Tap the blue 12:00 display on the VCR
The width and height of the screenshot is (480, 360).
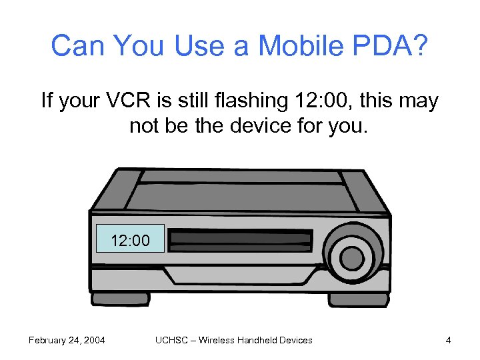click(x=130, y=239)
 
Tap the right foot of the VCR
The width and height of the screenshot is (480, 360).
click(x=358, y=300)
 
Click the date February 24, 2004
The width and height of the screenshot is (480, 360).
click(x=66, y=340)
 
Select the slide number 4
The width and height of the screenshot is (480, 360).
click(x=449, y=340)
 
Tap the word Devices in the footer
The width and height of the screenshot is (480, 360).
click(x=297, y=340)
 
